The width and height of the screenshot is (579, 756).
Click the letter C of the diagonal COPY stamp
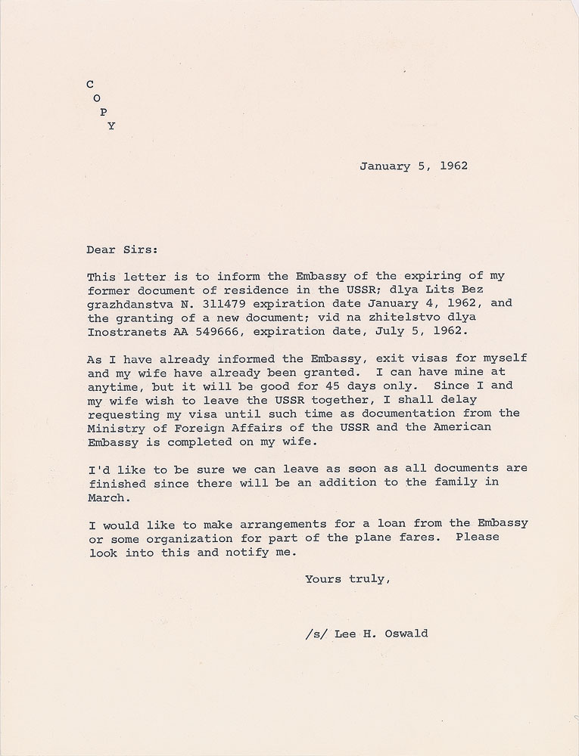click(91, 85)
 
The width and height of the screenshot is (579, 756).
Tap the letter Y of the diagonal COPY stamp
click(111, 126)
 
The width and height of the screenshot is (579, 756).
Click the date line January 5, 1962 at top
click(413, 166)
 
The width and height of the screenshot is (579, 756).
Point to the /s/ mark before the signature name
click(310, 634)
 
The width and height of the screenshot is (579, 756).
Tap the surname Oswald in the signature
click(406, 634)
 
